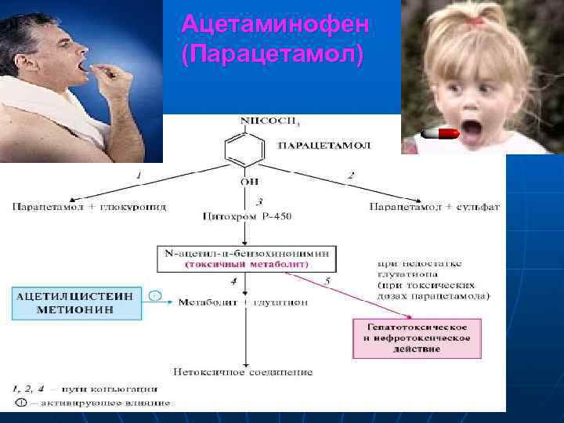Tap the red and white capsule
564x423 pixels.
[x=439, y=135]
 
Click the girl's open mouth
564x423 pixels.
[x=471, y=128]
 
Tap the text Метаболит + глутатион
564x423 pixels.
[x=246, y=302]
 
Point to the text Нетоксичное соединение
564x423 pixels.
[x=244, y=371]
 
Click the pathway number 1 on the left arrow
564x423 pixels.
[x=139, y=175]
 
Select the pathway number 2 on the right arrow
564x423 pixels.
[x=350, y=175]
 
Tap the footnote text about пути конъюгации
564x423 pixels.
[x=86, y=388]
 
